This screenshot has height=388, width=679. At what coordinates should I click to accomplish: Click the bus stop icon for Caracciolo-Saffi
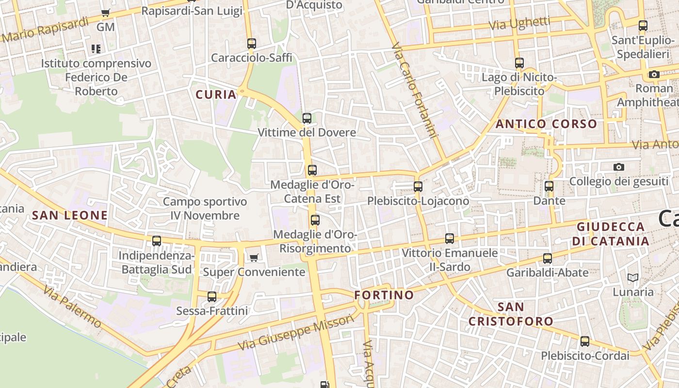[251, 43]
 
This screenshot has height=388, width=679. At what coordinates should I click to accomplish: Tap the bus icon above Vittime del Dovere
[307, 118]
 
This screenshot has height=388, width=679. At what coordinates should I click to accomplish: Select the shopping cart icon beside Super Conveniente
[254, 258]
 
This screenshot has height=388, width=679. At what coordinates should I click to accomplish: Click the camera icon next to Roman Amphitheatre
[654, 74]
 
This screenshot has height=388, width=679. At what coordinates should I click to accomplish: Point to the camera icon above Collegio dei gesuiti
[618, 167]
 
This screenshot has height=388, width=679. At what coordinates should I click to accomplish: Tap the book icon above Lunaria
[632, 277]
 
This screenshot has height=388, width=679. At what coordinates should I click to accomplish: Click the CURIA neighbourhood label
[216, 95]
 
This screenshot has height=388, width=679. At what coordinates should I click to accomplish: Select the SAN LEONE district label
[69, 215]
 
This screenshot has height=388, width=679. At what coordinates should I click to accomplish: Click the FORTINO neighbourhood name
[384, 295]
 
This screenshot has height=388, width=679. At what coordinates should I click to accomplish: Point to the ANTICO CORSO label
[546, 124]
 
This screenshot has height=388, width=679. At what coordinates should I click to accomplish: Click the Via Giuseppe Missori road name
[296, 333]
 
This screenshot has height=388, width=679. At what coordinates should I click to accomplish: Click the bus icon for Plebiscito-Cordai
[585, 341]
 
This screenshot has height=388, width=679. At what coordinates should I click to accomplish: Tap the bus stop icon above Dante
[549, 186]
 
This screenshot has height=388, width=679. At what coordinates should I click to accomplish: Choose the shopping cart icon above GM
[106, 13]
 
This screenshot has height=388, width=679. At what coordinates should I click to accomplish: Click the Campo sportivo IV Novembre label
[205, 209]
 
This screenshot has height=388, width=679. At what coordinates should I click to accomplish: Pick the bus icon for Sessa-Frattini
[212, 296]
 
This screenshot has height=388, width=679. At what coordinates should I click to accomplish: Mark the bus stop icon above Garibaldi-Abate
[548, 258]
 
